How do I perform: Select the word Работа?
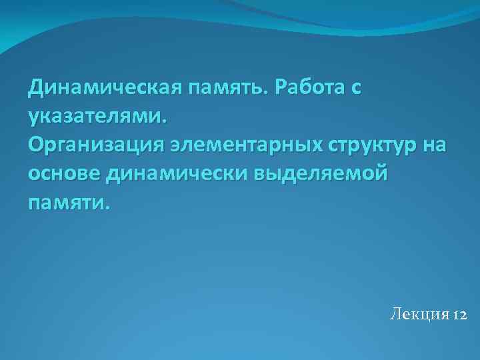(309, 87)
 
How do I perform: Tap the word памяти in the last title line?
(66, 201)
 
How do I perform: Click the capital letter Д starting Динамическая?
(36, 87)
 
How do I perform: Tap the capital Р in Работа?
(280, 87)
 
